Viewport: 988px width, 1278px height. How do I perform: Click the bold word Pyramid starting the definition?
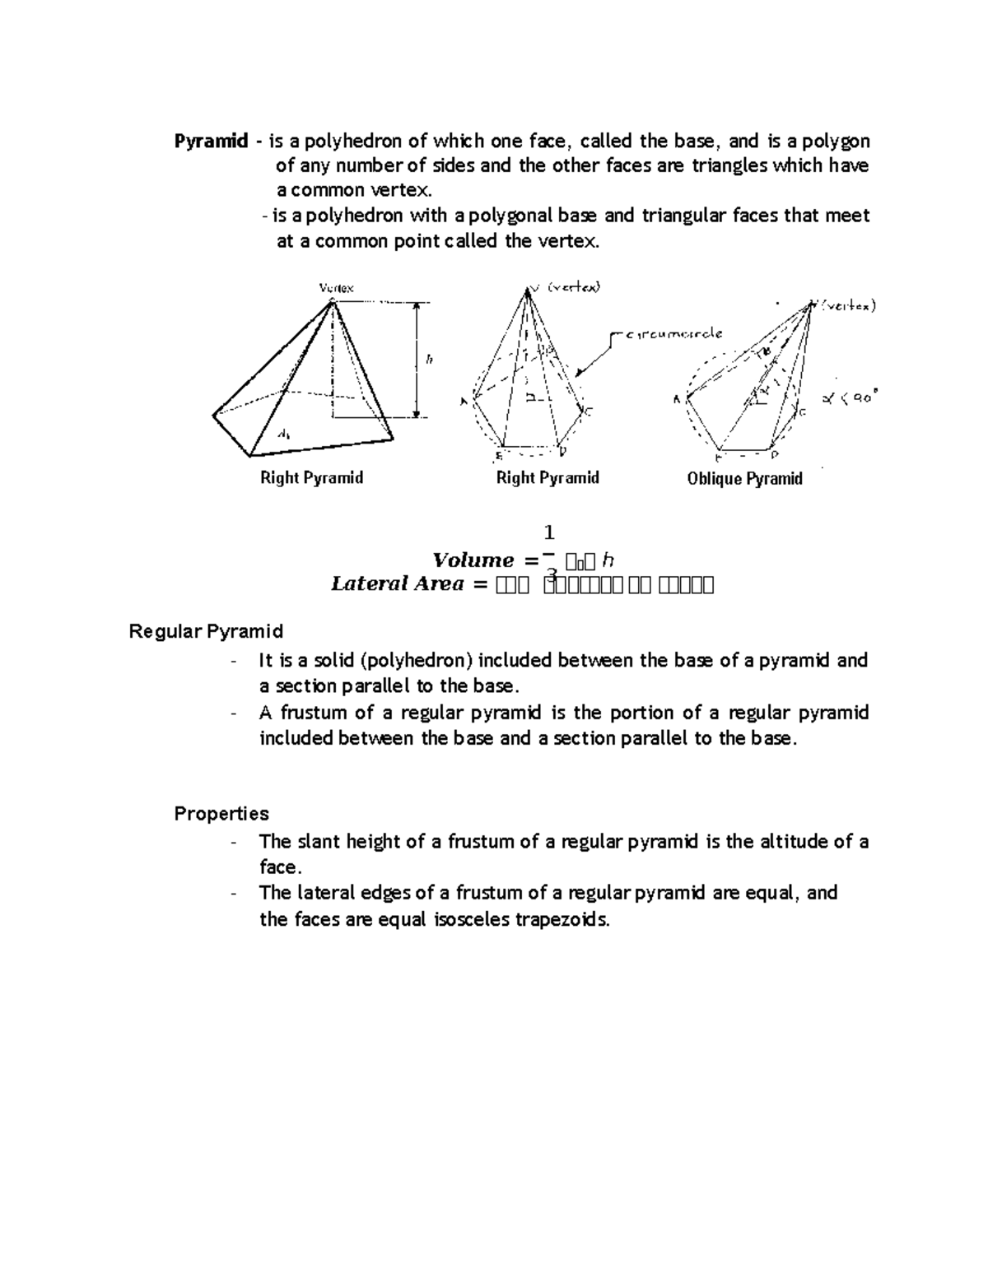[x=211, y=142]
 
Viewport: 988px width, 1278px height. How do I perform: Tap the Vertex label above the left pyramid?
[x=336, y=288]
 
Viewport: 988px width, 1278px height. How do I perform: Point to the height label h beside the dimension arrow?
[x=429, y=360]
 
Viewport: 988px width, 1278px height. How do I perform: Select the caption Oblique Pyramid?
[x=744, y=479]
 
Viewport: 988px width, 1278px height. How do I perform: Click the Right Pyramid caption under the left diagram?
[x=311, y=478]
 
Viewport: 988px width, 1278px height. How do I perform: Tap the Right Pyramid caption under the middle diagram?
[x=548, y=478]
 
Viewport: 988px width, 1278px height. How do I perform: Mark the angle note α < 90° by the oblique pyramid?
[x=851, y=397]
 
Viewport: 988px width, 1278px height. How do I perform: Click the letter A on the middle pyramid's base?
[x=464, y=402]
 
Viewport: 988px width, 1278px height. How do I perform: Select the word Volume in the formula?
[x=473, y=560]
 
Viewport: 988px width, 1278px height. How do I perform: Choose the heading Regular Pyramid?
[x=206, y=631]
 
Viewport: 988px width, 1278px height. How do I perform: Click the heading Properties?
[x=221, y=814]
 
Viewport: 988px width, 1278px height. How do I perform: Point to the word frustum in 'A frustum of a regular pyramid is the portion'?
[x=314, y=713]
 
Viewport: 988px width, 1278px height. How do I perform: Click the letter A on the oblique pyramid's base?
[x=677, y=400]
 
